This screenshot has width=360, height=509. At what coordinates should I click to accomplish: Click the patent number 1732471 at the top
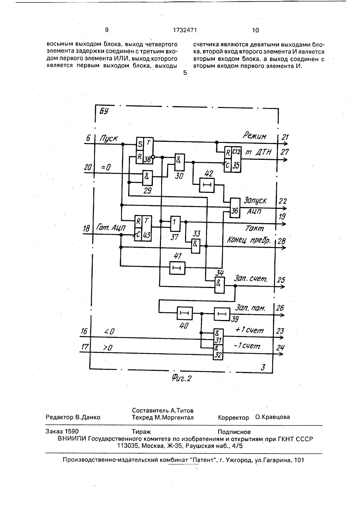click(x=185, y=30)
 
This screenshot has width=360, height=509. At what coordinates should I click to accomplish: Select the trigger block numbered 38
click(x=145, y=150)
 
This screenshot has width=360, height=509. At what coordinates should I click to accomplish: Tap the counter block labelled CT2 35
click(x=233, y=159)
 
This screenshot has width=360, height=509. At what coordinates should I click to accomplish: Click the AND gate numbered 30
click(x=180, y=162)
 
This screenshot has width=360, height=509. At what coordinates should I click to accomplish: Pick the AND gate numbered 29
click(x=148, y=178)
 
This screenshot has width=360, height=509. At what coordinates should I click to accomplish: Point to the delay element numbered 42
click(x=207, y=185)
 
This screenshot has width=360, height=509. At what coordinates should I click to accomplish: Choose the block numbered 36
click(x=235, y=208)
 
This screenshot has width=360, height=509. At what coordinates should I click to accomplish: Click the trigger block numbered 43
click(x=143, y=228)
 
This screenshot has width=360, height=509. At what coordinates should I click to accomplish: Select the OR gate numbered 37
click(x=175, y=224)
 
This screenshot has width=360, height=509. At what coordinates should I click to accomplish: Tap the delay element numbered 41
click(x=177, y=268)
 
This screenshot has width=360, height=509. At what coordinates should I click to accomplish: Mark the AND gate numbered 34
click(x=220, y=285)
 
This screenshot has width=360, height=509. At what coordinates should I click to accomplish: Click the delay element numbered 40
click(x=185, y=313)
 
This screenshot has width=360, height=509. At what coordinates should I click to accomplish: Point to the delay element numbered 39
click(x=222, y=314)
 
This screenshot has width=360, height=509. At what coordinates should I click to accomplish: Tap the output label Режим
click(x=255, y=136)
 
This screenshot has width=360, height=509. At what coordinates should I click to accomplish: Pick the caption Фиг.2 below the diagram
click(x=181, y=378)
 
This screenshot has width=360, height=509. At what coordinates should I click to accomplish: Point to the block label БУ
click(x=104, y=111)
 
